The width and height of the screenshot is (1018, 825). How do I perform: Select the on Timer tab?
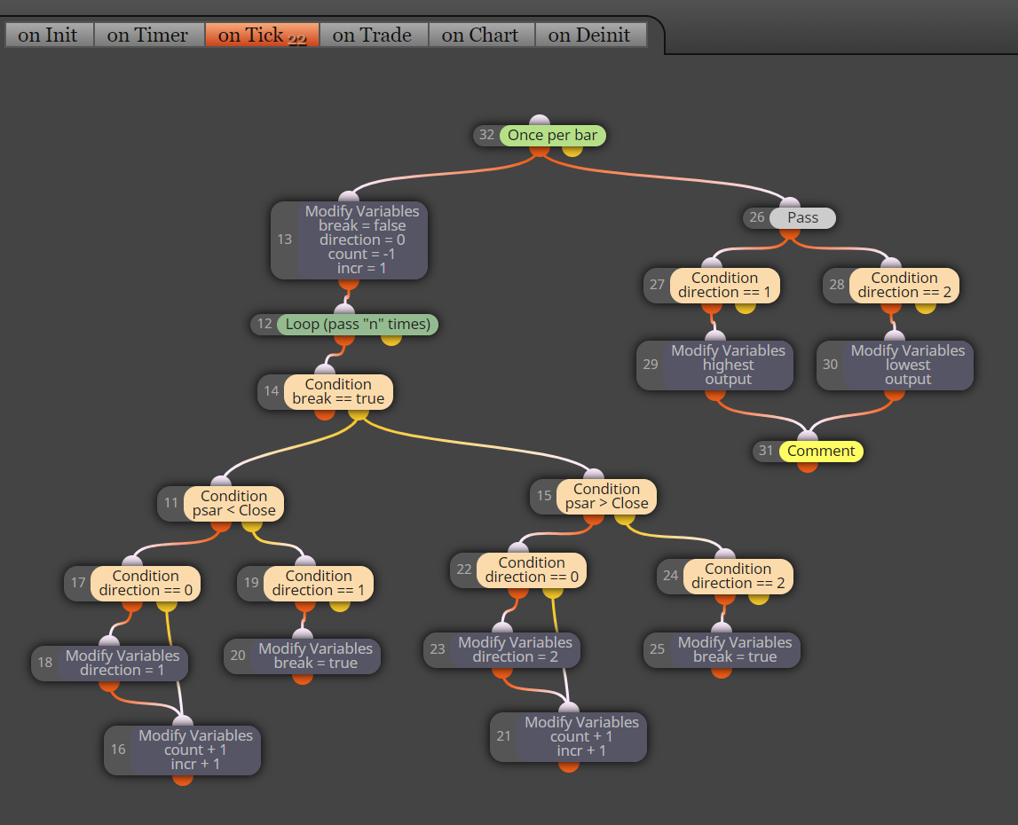pos(149,35)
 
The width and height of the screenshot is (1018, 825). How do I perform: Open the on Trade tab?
pos(374,35)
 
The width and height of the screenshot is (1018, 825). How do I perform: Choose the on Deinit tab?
pos(590,35)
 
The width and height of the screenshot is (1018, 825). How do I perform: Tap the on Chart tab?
pos(481,35)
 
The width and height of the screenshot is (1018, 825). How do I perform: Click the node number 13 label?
pos(284,240)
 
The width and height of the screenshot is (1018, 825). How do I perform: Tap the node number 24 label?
pos(671,576)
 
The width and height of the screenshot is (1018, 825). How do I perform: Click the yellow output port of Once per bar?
pos(572,149)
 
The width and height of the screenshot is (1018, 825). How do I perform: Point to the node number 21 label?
pos(504,736)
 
